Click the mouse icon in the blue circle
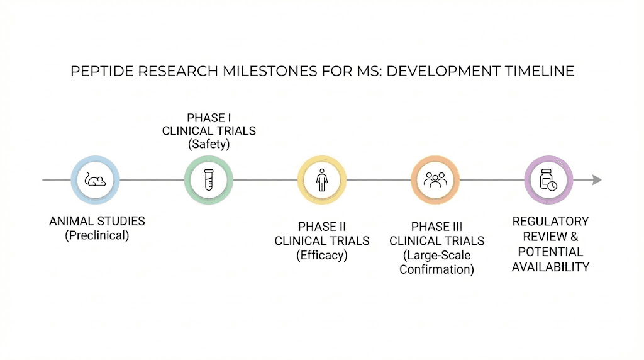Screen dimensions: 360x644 click(x=95, y=180)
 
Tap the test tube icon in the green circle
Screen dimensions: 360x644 click(x=208, y=180)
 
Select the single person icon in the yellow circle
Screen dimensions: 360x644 click(x=321, y=180)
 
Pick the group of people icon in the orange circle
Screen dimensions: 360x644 click(x=435, y=180)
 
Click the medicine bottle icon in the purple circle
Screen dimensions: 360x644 click(x=548, y=180)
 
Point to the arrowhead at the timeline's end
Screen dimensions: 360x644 click(x=597, y=180)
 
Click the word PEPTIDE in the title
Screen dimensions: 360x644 click(x=102, y=71)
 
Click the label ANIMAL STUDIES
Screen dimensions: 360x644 click(x=97, y=222)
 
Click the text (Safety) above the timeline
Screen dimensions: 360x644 click(x=209, y=144)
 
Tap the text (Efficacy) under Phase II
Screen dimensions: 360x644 click(x=322, y=255)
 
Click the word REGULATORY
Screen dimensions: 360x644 click(x=550, y=222)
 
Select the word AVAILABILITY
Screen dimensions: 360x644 click(x=550, y=267)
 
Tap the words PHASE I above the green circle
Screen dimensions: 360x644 click(x=209, y=118)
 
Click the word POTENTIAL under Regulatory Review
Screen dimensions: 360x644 click(x=550, y=252)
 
